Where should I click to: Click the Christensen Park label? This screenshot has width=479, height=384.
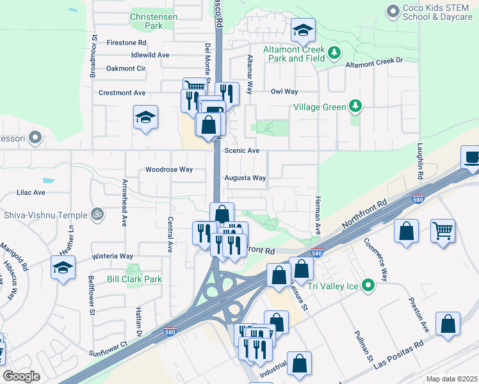coord(145,20)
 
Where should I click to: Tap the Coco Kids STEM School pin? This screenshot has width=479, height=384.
coord(393,11)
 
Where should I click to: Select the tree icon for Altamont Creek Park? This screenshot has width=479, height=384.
coord(333,52)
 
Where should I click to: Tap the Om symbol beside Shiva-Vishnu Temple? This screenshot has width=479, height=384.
coord(97,214)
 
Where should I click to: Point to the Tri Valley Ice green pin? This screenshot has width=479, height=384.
coord(368,285)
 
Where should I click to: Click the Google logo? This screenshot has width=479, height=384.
coord(21,376)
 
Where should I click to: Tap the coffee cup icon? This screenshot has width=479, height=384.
coord(471,157)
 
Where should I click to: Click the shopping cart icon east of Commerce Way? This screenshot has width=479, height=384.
coord(443,230)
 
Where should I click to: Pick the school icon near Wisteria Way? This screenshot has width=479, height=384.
coord(63,268)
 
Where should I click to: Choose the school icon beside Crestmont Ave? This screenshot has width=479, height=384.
coord(146,117)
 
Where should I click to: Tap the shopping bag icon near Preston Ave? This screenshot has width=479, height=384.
coord(448,323)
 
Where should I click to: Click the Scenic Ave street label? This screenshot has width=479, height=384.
coord(242,150)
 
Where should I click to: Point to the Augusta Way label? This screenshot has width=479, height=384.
coord(245,178)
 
